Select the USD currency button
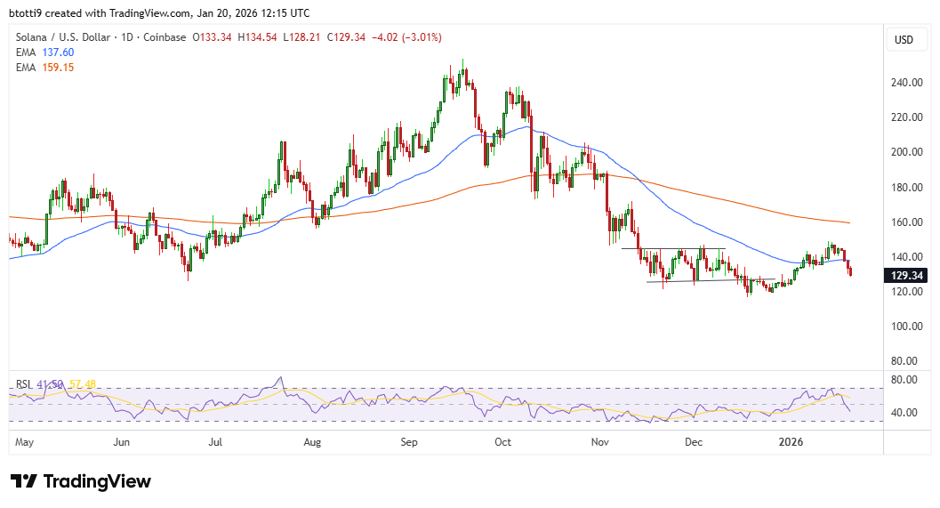pos(904,40)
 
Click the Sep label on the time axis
pos(409,441)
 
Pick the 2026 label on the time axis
pos(791,441)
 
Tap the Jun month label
pos(122,441)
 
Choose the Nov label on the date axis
pos(599,441)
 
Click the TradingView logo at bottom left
pos(81,481)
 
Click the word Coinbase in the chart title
pos(164,37)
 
